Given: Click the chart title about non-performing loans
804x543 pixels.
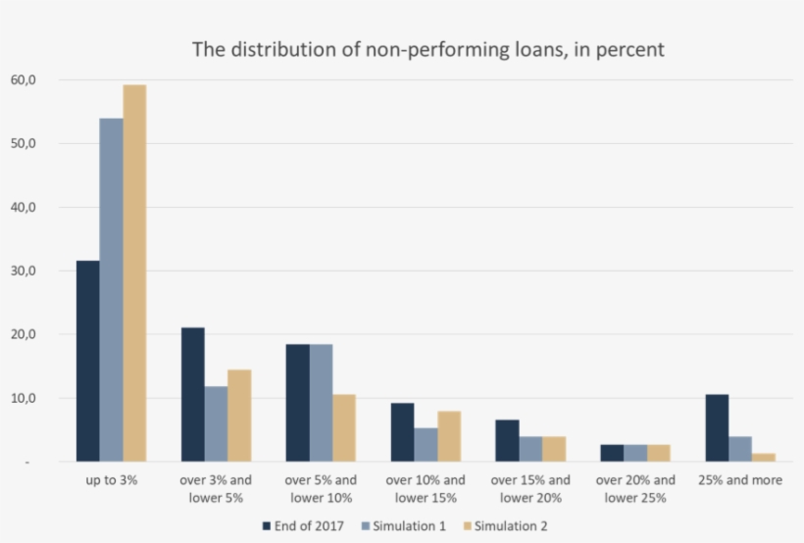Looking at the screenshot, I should click(427, 48).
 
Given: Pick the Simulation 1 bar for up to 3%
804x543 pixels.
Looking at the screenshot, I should click(111, 289).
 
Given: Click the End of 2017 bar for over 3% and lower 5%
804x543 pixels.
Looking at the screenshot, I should click(192, 394).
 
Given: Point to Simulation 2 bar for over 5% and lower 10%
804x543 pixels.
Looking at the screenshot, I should click(344, 428).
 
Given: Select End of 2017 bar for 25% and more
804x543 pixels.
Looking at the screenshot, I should click(718, 428).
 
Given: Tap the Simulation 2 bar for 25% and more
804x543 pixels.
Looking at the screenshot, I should click(764, 457).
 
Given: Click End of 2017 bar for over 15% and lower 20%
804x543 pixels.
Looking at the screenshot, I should click(507, 441).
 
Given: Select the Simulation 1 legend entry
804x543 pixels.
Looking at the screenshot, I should click(406, 526).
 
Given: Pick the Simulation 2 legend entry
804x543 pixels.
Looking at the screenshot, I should click(506, 526).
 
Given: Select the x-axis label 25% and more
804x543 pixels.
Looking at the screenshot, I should click(740, 481).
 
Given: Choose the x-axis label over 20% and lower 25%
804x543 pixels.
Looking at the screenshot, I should click(635, 489).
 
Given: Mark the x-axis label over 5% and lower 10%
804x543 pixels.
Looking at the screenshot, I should click(321, 489).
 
